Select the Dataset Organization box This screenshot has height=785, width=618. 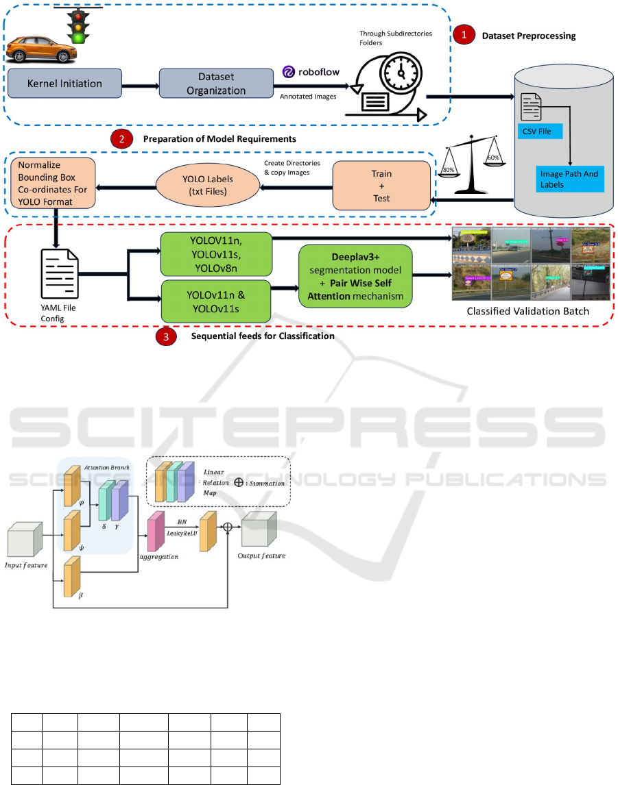[x=216, y=84]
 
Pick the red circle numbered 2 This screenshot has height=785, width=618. [x=122, y=139]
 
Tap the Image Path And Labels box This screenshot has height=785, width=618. [x=569, y=178]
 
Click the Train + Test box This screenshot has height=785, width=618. [x=381, y=185]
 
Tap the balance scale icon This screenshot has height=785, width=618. [x=477, y=164]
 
